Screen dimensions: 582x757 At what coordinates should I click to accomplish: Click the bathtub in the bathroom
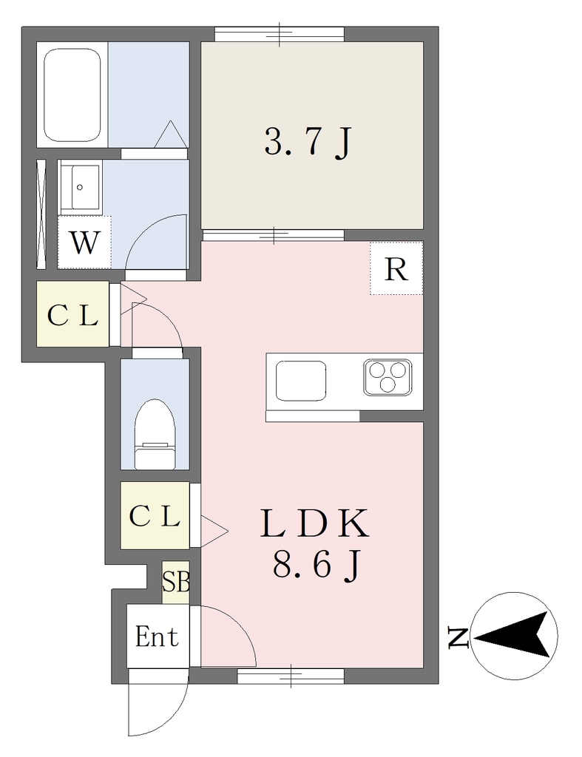pos(72,95)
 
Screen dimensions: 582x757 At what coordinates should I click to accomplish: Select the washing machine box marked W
pos(84,242)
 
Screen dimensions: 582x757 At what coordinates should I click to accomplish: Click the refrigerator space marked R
pos(396,268)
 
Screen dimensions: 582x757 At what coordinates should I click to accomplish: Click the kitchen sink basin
pos(300,381)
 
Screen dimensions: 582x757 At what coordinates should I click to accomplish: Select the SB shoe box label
pos(175,582)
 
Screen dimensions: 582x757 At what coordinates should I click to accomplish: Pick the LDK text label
pos(315,523)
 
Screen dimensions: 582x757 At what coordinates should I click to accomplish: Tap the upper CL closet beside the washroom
pos(73,313)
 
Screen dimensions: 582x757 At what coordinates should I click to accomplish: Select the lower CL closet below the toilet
pos(155,515)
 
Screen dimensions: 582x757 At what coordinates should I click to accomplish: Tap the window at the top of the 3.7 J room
pos(280,34)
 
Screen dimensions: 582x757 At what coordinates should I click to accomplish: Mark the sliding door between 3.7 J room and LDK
pos(274,236)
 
